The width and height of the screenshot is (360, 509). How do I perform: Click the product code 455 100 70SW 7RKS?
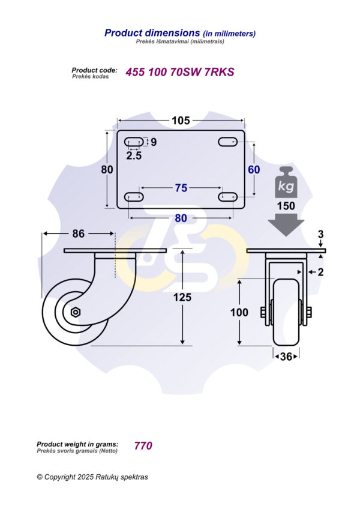(x=179, y=72)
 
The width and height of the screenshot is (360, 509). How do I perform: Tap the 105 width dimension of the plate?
(x=181, y=121)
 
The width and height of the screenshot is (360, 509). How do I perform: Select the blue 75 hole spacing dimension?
(x=181, y=188)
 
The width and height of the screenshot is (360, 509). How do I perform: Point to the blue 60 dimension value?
(x=254, y=170)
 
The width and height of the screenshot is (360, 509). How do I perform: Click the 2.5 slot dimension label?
(x=134, y=155)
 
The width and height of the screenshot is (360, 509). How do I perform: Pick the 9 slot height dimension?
(x=154, y=142)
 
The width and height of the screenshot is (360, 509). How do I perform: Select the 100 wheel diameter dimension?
(x=239, y=312)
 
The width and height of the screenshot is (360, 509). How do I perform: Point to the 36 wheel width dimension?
(x=286, y=357)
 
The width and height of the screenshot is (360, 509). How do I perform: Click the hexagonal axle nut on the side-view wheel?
(x=76, y=312)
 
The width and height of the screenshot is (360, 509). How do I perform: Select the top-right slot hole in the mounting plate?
(x=228, y=142)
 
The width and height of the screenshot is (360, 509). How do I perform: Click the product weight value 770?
(x=143, y=445)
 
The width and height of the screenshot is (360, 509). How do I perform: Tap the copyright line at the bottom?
(x=92, y=477)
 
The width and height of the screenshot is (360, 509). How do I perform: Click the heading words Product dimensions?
(x=152, y=33)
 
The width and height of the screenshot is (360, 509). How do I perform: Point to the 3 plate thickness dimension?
(x=321, y=233)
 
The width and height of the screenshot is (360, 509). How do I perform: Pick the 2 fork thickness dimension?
(x=321, y=272)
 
